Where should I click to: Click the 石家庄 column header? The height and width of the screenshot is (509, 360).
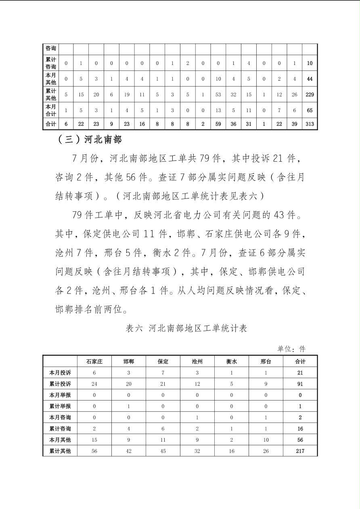pyautogui.click(x=94, y=361)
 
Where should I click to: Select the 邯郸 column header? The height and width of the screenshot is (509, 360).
pyautogui.click(x=129, y=361)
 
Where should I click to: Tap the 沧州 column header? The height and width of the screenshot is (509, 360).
pyautogui.click(x=197, y=361)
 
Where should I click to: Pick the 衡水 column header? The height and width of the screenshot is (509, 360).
pyautogui.click(x=232, y=361)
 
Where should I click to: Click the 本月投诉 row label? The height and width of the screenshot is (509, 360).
pyautogui.click(x=60, y=373)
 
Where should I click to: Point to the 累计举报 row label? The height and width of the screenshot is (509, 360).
pyautogui.click(x=60, y=406)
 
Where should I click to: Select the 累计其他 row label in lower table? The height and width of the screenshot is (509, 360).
pyautogui.click(x=60, y=451)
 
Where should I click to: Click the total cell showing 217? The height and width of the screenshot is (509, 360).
pyautogui.click(x=300, y=451)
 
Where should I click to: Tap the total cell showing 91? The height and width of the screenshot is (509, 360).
pyautogui.click(x=300, y=384)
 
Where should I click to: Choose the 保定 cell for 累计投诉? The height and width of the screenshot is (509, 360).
pyautogui.click(x=163, y=384)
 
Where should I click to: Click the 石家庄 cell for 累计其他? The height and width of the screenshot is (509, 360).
pyautogui.click(x=94, y=451)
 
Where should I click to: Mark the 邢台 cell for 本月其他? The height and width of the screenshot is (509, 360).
pyautogui.click(x=266, y=440)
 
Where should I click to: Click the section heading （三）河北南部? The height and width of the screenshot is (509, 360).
pyautogui.click(x=90, y=140)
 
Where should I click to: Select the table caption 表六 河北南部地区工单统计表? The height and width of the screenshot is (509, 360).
pyautogui.click(x=186, y=328)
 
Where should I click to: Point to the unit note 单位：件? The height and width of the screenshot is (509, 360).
pyautogui.click(x=291, y=349)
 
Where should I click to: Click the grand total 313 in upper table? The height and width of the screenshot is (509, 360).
pyautogui.click(x=310, y=124)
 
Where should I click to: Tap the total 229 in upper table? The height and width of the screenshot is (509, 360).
pyautogui.click(x=310, y=94)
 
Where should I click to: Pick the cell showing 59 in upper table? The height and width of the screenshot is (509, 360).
pyautogui.click(x=218, y=124)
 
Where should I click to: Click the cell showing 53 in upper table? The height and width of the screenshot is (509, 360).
pyautogui.click(x=218, y=94)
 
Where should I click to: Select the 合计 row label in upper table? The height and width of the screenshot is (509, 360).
pyautogui.click(x=51, y=124)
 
